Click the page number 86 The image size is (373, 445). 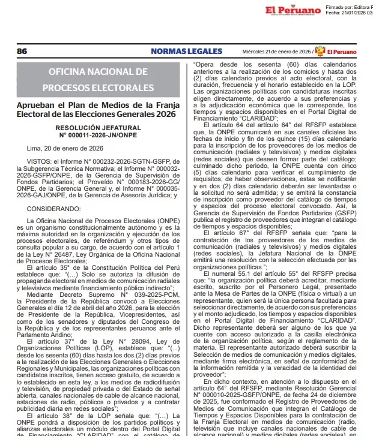[x=22, y=52]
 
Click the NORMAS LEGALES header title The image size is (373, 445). [x=186, y=52]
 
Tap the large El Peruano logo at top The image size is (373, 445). [x=293, y=10]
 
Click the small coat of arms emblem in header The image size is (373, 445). [x=320, y=52]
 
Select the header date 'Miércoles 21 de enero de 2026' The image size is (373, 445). [x=276, y=52]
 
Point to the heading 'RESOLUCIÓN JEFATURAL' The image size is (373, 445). [x=98, y=128]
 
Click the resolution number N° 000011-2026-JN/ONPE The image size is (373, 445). [x=98, y=135]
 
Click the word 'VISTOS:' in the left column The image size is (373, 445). [x=40, y=161]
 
